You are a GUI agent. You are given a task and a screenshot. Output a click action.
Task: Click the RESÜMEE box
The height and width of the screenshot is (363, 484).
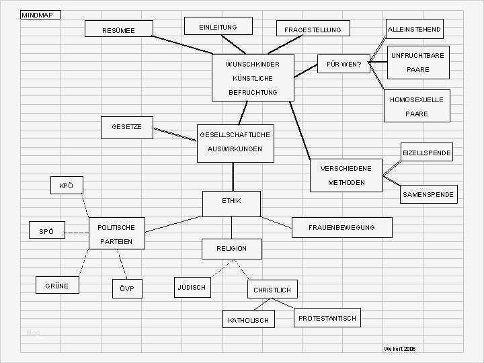[119, 29]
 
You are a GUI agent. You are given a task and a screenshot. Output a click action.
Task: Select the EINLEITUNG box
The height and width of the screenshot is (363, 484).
[218, 26]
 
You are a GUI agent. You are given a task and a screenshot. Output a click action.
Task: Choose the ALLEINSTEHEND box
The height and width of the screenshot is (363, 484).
[414, 29]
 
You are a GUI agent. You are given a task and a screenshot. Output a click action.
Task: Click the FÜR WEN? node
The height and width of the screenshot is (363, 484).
[344, 65]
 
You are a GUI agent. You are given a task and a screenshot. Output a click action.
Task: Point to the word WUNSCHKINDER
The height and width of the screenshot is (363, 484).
[252, 65]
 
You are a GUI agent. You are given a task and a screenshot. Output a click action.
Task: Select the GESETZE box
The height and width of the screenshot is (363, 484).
[127, 126]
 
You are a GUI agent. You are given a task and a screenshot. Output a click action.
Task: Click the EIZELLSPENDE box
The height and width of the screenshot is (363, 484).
[427, 153]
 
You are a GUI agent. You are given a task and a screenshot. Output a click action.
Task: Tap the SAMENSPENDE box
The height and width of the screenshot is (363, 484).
[428, 194]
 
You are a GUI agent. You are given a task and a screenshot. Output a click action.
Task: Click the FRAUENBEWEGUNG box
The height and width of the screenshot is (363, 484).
[341, 227]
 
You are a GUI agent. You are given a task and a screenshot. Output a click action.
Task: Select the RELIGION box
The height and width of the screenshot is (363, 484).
[231, 248]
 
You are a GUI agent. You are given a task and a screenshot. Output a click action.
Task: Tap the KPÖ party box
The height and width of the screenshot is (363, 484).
[66, 186]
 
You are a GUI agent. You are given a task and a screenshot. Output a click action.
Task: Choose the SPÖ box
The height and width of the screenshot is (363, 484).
[46, 231]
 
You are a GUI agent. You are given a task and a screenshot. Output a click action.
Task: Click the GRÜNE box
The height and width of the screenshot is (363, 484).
[56, 286]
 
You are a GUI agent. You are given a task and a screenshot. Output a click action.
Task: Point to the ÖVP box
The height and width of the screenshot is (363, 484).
[128, 289]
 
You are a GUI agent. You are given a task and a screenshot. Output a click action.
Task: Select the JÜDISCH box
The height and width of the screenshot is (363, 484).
[192, 287]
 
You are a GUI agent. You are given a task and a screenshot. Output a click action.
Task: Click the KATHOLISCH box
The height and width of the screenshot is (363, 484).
[248, 320]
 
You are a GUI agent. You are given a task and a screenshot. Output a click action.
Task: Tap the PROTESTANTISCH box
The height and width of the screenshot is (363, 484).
[327, 318]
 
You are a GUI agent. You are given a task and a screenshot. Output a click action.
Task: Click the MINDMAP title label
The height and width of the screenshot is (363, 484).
[40, 15]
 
